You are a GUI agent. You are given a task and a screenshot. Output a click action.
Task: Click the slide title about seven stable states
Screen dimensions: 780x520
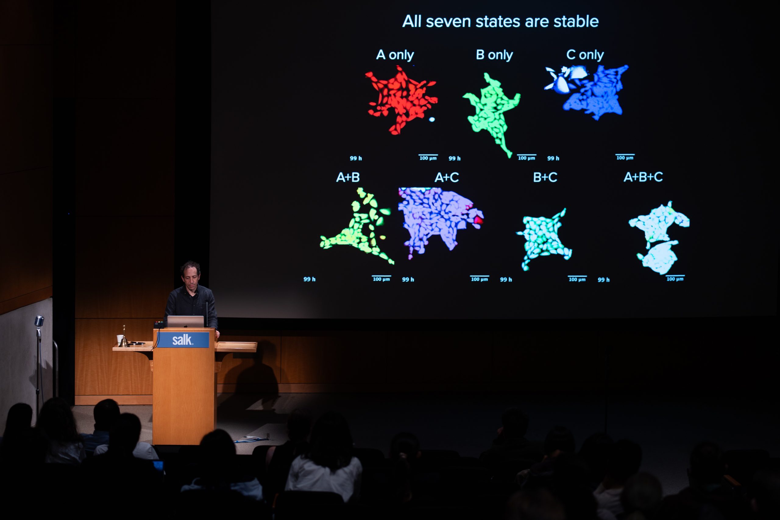[x=500, y=22]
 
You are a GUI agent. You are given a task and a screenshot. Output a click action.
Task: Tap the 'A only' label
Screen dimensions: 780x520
[x=395, y=55]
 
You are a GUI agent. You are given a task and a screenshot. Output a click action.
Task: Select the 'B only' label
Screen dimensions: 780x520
[x=494, y=55]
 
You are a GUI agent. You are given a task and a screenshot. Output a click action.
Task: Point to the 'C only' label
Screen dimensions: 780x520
[x=585, y=55]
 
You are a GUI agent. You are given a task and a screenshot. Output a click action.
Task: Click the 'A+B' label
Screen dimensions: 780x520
[x=348, y=177]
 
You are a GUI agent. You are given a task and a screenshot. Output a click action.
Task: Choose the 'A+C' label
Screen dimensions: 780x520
[x=447, y=177]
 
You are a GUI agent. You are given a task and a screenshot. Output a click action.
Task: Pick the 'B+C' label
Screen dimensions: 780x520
[x=545, y=177]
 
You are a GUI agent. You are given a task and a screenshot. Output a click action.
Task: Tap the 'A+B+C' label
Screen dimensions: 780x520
[x=643, y=177]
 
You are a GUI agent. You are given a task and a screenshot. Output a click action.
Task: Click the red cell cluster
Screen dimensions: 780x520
[x=402, y=100]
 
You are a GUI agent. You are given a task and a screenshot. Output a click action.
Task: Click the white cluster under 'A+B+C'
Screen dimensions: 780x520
[x=658, y=237]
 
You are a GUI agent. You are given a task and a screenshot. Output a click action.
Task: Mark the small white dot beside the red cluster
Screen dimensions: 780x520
[x=432, y=119]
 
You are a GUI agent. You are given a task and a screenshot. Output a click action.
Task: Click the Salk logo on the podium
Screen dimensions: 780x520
[x=182, y=340]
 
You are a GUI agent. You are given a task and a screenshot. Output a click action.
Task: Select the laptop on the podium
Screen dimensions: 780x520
[x=185, y=322]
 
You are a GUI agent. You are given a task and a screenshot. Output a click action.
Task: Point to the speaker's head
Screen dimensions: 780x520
[x=191, y=274]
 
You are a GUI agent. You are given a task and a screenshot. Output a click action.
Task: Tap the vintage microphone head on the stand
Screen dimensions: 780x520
[x=39, y=321]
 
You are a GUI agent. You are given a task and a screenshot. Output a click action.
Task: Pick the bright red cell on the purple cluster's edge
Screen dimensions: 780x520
[x=479, y=220]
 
